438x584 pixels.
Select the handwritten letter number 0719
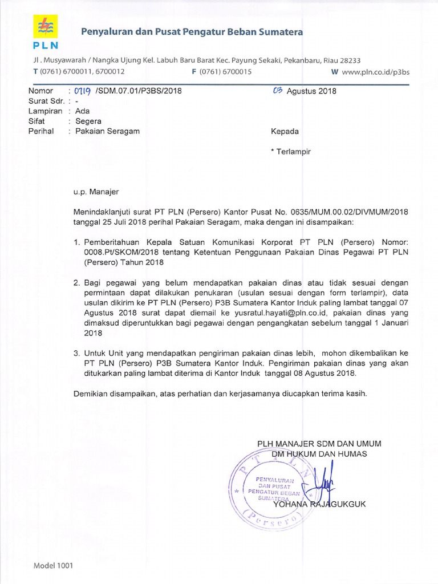[x=80, y=91]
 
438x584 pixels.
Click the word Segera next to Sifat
[x=84, y=121]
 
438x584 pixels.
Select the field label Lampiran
[x=45, y=111]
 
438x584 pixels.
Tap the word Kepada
[x=285, y=131]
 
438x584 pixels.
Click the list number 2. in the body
[x=78, y=282]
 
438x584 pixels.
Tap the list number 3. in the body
[x=78, y=354]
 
